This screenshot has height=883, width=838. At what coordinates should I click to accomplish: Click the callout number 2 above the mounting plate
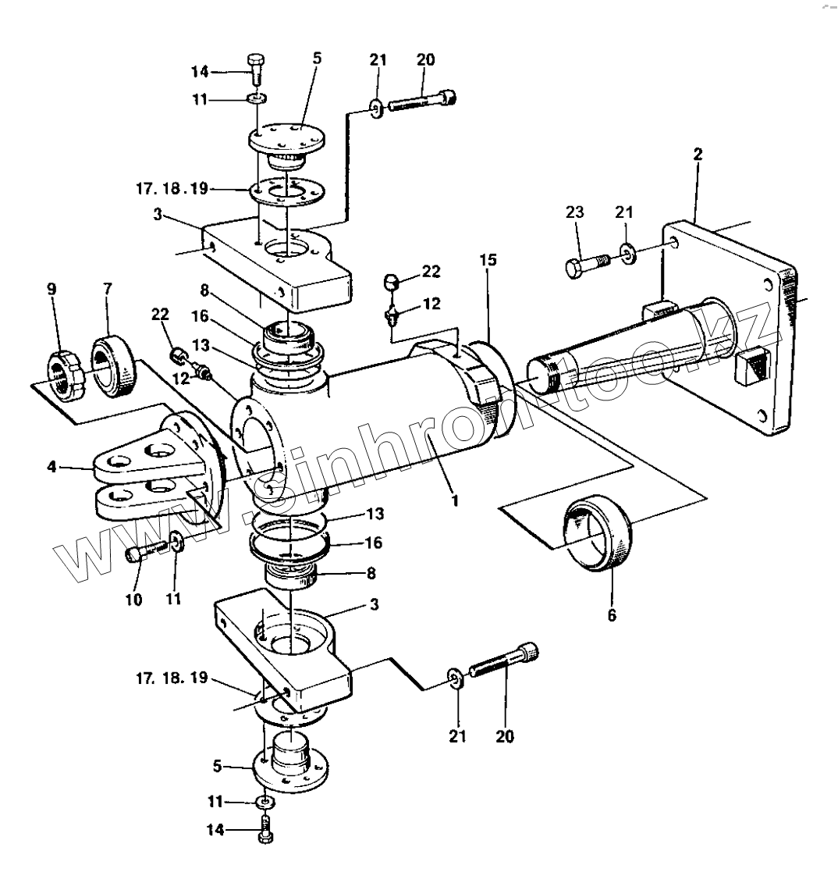[698, 155]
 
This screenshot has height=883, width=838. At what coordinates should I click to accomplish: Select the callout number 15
[488, 260]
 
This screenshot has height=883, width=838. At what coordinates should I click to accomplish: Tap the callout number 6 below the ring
[612, 615]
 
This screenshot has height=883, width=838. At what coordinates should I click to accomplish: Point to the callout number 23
[574, 212]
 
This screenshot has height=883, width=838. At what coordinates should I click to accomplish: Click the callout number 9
[51, 290]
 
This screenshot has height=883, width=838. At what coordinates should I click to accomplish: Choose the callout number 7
[108, 289]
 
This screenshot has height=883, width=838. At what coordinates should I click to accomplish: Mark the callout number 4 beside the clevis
[51, 467]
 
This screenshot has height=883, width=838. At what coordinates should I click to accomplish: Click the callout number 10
[133, 600]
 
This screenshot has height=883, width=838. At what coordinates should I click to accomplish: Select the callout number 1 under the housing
[456, 500]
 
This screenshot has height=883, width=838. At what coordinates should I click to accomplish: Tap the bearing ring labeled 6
[597, 533]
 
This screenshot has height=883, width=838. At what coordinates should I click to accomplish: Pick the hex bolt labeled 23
[588, 265]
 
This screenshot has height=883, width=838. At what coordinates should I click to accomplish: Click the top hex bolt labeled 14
[256, 69]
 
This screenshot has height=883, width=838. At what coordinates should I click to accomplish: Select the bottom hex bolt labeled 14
[265, 828]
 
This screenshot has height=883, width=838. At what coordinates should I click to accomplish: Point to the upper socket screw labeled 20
[422, 101]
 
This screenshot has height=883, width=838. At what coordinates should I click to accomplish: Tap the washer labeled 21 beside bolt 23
[628, 253]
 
